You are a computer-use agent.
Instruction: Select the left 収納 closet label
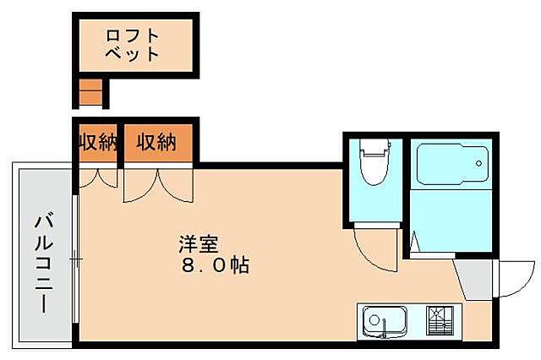click(96, 142)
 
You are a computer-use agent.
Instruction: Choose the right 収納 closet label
click(156, 142)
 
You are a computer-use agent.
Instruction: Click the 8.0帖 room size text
click(213, 265)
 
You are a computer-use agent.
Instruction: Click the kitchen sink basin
click(387, 321)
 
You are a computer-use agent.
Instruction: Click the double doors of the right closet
click(157, 186)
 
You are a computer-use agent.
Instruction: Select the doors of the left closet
click(96, 179)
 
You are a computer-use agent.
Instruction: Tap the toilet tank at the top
click(372, 145)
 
